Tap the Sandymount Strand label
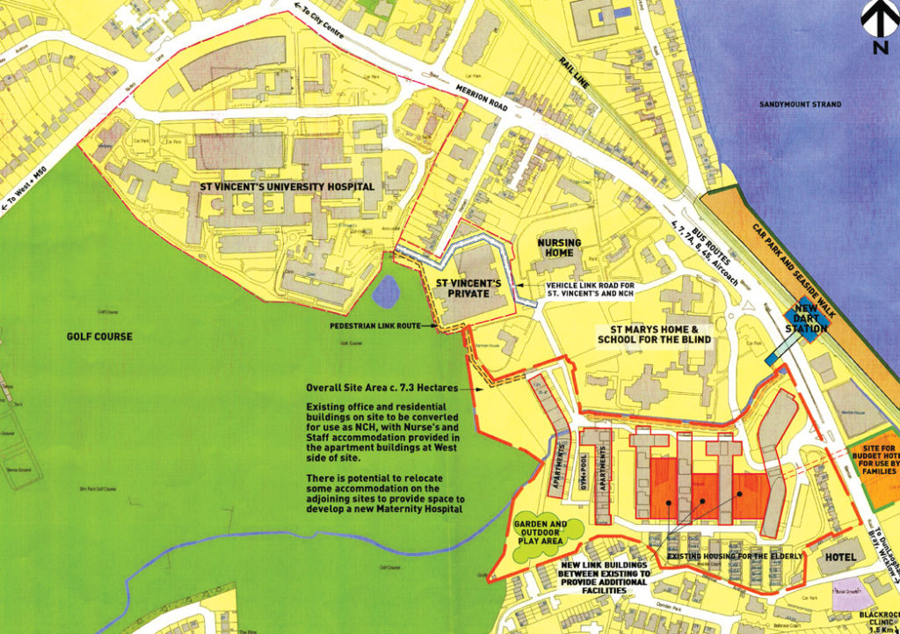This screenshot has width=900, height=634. [800, 105]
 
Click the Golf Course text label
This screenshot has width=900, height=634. [99, 337]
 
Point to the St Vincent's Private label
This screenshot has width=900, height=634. [469, 290]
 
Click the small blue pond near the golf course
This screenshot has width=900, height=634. [385, 288]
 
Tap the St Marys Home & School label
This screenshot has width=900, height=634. [651, 333]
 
